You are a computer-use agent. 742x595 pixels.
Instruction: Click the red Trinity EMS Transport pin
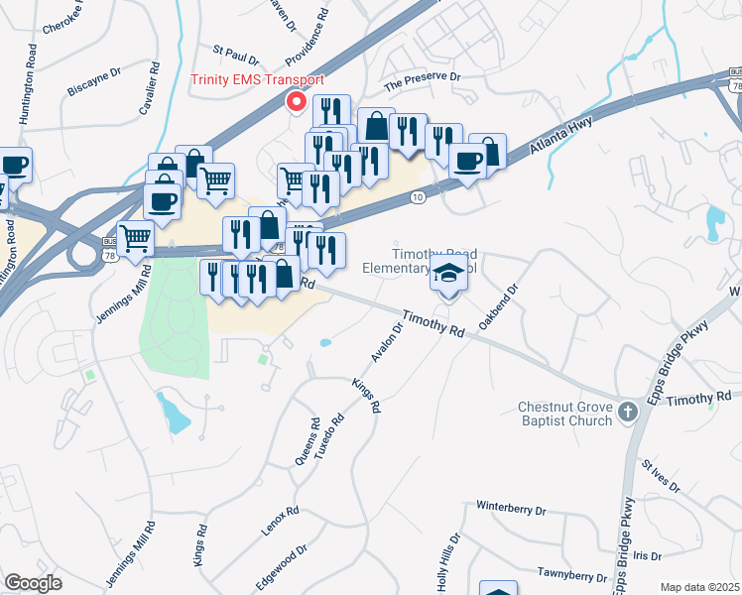[295, 101]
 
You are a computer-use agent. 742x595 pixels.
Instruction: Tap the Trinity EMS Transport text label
[257, 79]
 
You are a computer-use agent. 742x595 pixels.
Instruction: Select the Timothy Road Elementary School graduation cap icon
[448, 275]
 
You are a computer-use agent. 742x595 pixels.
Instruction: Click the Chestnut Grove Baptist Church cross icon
[627, 411]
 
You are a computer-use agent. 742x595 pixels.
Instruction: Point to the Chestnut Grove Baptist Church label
[567, 416]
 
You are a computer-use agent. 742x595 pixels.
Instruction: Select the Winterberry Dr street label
[512, 509]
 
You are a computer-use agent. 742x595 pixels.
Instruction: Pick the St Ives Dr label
[661, 476]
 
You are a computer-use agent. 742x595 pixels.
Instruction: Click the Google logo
[33, 582]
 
